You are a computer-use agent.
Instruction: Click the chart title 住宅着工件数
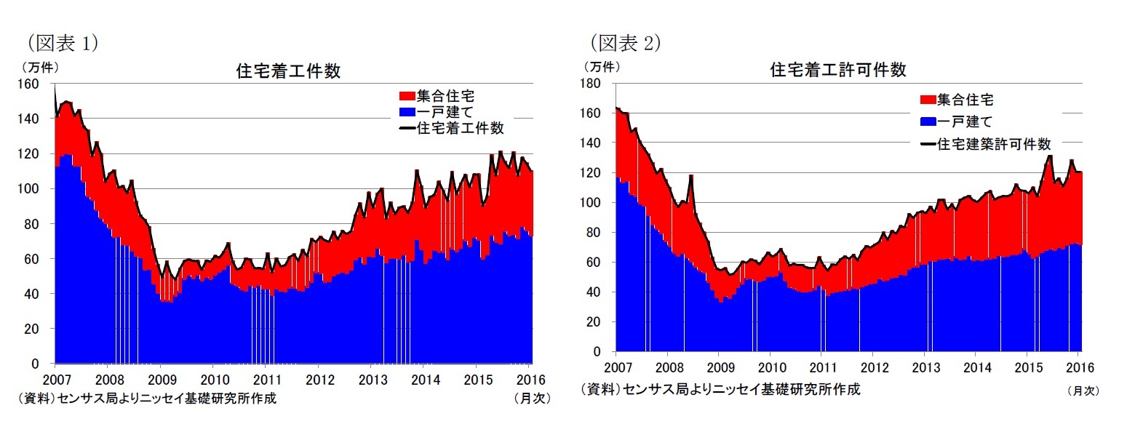tap(289, 71)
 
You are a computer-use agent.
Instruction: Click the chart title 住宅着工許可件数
tap(838, 70)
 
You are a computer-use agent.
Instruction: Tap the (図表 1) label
tap(63, 43)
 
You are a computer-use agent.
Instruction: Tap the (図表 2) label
tap(625, 43)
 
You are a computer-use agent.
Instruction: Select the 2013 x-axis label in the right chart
tap(925, 367)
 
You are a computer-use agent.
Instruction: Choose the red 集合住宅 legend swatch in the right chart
tap(928, 100)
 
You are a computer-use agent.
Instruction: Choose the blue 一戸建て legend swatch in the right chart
tap(928, 121)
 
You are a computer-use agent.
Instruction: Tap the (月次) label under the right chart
tap(1083, 391)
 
